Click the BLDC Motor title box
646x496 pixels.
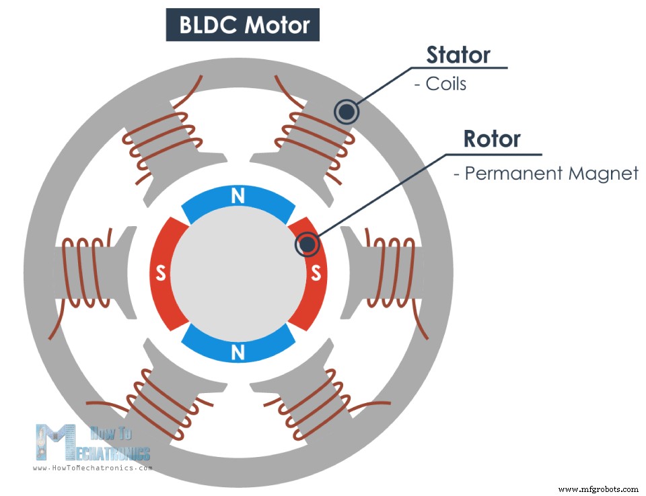pyautogui.click(x=243, y=25)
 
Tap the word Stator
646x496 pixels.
pyautogui.click(x=458, y=55)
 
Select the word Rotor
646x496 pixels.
pyautogui.click(x=492, y=139)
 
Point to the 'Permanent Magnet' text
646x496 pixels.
pyautogui.click(x=546, y=174)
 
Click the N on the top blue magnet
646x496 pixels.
pyautogui.click(x=238, y=197)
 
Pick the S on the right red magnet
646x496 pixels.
pyautogui.click(x=315, y=273)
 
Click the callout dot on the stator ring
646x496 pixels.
pyautogui.click(x=346, y=112)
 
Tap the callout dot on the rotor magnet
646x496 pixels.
pyautogui.click(x=307, y=245)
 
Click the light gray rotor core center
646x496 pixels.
pyautogui.click(x=238, y=273)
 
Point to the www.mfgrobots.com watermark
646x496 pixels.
pyautogui.click(x=598, y=489)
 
